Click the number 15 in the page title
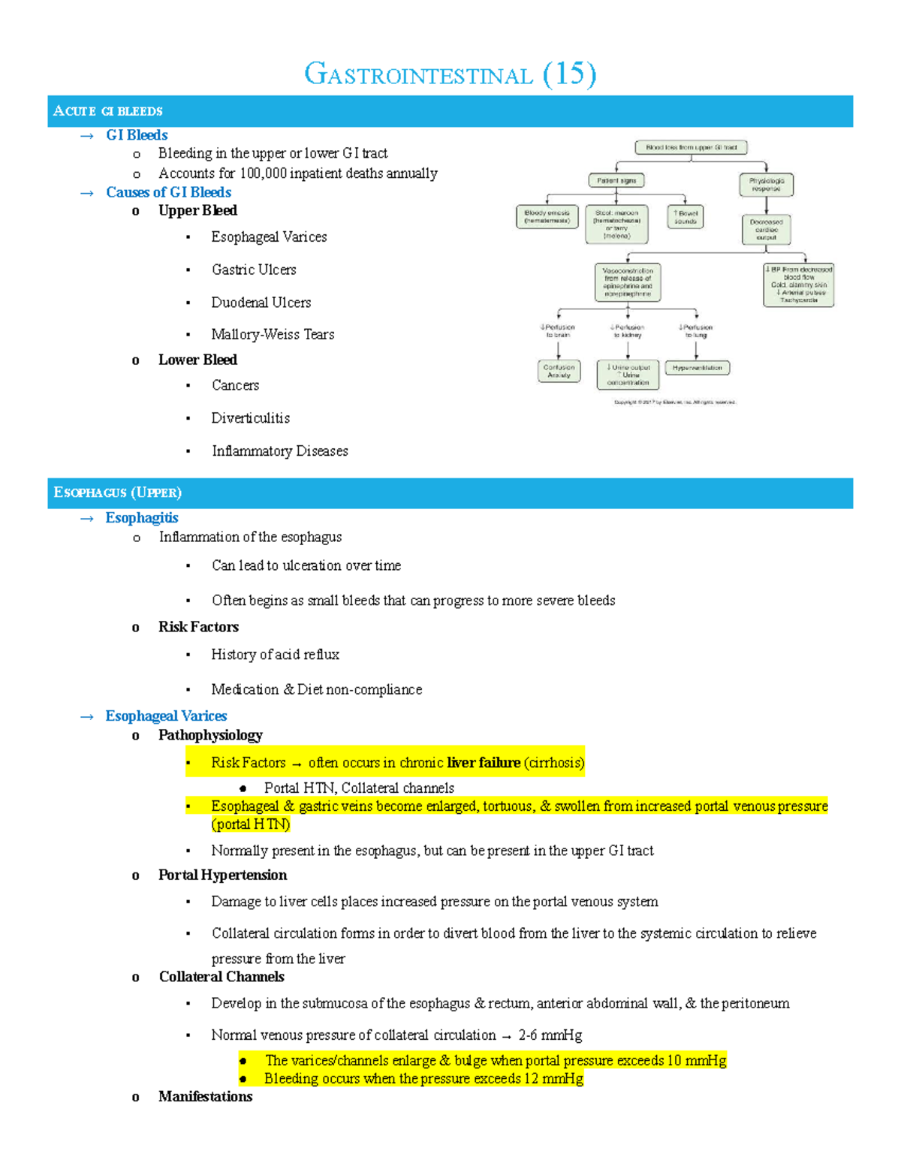570,74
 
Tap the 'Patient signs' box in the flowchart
616,180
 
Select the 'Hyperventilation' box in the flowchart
697,368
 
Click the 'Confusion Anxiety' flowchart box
559,371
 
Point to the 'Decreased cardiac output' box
766,230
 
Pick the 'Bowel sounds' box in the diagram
685,217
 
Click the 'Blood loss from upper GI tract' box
691,147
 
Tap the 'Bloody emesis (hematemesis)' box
547,217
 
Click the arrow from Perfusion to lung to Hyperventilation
696,349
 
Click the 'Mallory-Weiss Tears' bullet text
273,334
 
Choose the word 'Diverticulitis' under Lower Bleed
250,418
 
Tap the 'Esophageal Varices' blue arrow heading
166,716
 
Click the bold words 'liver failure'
484,763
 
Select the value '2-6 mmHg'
550,1035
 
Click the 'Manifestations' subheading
205,1096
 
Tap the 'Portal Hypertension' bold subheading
222,875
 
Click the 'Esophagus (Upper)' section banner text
117,493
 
